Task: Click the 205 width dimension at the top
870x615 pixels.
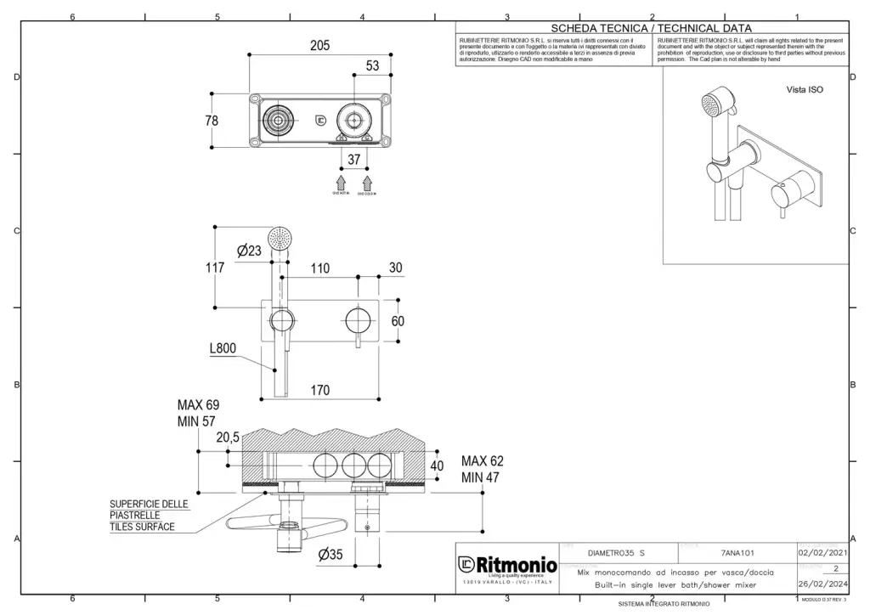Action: click(x=319, y=46)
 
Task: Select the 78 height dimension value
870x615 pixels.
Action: click(x=212, y=121)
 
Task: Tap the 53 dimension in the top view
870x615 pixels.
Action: click(x=373, y=65)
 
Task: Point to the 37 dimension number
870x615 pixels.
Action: click(x=353, y=159)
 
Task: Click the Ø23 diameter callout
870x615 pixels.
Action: click(x=249, y=251)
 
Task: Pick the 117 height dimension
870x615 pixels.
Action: click(x=216, y=268)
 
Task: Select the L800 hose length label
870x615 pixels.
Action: click(x=223, y=348)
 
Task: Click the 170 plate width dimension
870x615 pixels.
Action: click(x=319, y=391)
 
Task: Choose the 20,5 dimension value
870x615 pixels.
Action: click(x=228, y=437)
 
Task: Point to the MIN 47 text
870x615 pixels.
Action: click(x=482, y=477)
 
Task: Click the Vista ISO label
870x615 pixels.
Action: click(x=804, y=89)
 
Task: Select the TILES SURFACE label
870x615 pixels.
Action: click(x=142, y=527)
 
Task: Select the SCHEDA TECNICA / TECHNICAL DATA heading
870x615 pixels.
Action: click(x=652, y=28)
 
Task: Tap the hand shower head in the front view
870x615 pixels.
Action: click(x=278, y=237)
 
